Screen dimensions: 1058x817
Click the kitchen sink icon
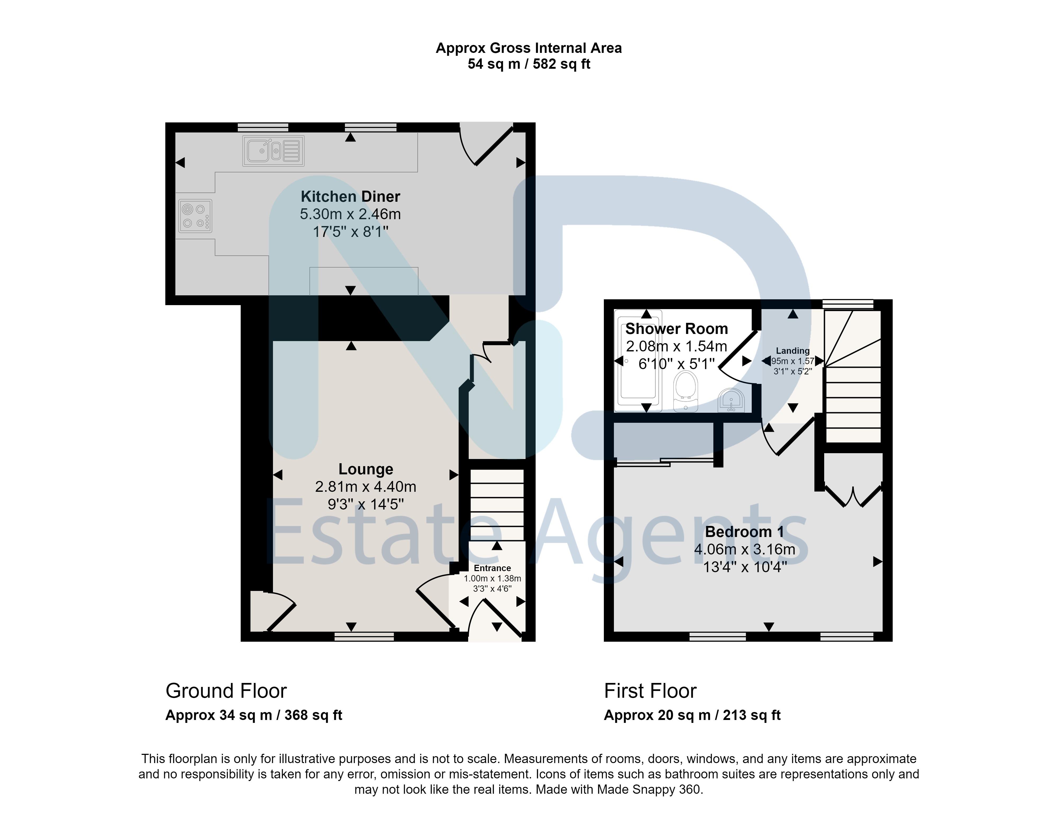click(x=273, y=151)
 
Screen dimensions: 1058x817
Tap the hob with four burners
click(x=195, y=216)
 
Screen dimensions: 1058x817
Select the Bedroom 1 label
click(x=745, y=532)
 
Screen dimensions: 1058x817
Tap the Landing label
click(x=792, y=351)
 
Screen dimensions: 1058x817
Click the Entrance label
click(x=492, y=568)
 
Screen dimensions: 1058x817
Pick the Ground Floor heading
click(x=226, y=691)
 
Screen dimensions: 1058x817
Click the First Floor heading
click(x=650, y=691)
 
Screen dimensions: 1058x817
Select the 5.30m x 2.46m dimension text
click(x=350, y=214)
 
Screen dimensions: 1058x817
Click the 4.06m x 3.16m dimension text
click(x=745, y=550)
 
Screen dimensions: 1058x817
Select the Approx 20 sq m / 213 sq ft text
click(x=692, y=715)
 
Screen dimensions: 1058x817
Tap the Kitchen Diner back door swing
click(x=486, y=144)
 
